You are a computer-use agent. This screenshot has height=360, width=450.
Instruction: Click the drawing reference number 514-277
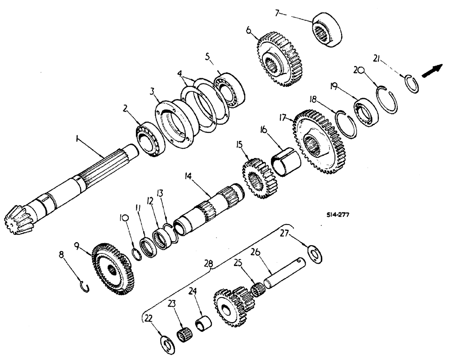click(x=337, y=215)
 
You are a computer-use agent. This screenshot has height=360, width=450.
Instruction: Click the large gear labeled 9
click(x=112, y=270)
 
